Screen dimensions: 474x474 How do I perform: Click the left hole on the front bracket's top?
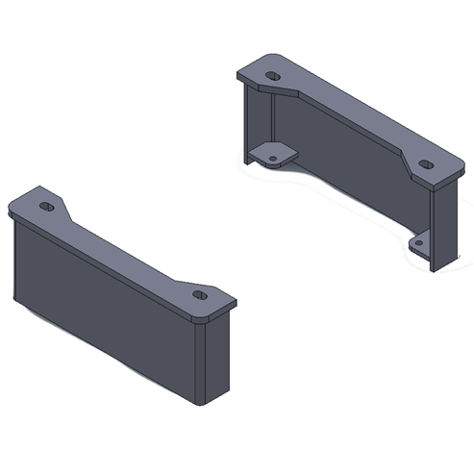pyautogui.click(x=46, y=206)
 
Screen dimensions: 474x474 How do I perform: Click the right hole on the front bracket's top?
pyautogui.click(x=199, y=295)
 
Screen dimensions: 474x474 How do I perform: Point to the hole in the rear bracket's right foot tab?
pyautogui.click(x=419, y=246)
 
